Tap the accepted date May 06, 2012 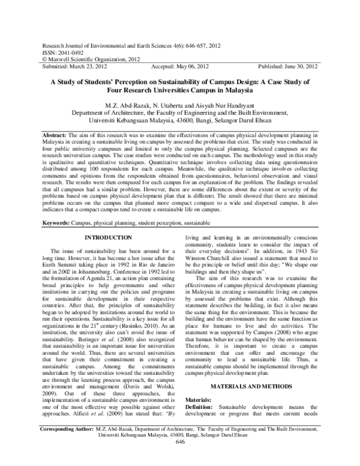(191, 67)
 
